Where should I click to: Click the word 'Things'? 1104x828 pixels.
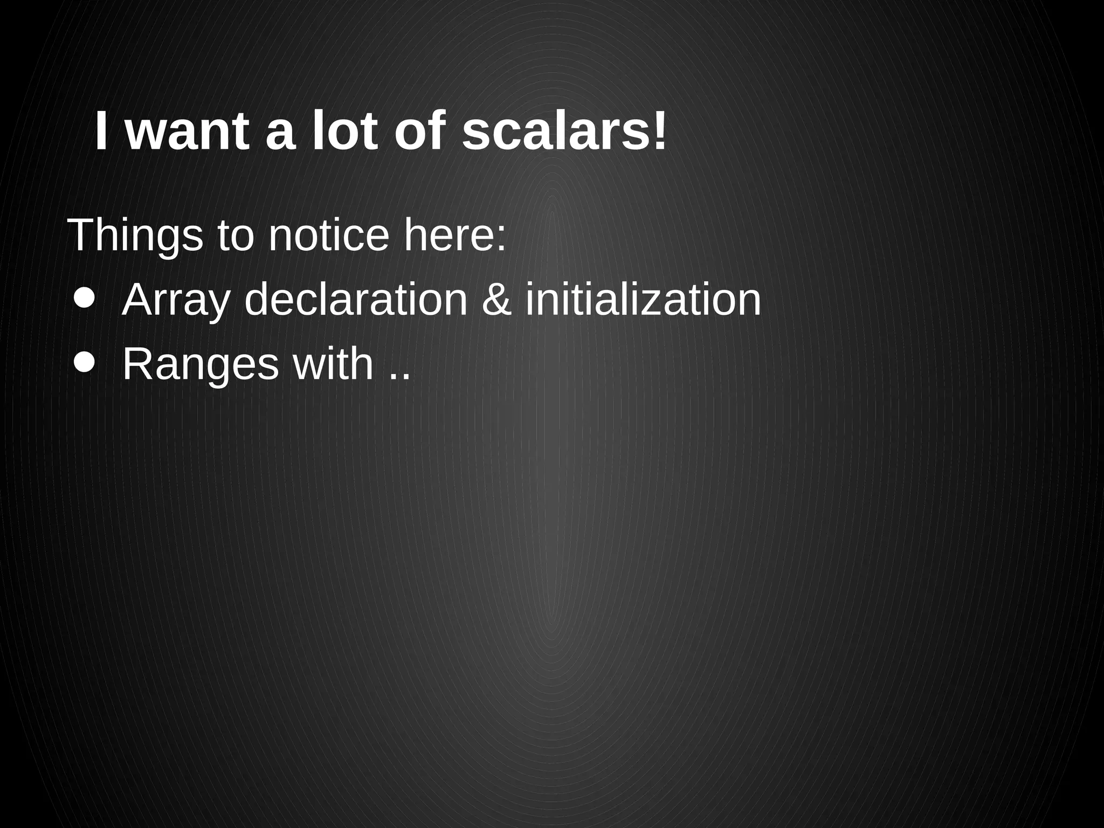tap(135, 236)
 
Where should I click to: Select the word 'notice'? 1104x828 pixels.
tap(328, 236)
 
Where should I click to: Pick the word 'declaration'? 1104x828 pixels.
tap(356, 300)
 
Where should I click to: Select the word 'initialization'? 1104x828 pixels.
tap(643, 300)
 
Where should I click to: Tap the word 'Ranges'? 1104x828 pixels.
tap(201, 365)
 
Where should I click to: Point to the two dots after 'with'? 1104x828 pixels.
tap(399, 376)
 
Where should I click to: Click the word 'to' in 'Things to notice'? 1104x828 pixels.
tap(235, 236)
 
